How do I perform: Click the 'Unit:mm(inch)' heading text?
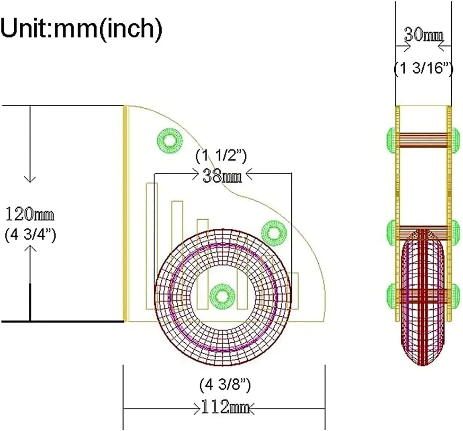pos(81,28)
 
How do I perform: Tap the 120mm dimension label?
pos(30,215)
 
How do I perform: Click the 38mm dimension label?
pos(222,176)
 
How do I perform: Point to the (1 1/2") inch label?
pos(221,156)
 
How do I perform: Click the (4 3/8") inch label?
pos(225,384)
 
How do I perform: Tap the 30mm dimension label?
pos(424,35)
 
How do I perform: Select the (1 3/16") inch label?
pos(424,68)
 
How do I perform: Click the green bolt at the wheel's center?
pos(222,296)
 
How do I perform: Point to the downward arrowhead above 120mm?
pos(30,179)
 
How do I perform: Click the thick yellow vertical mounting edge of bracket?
pos(126,213)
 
